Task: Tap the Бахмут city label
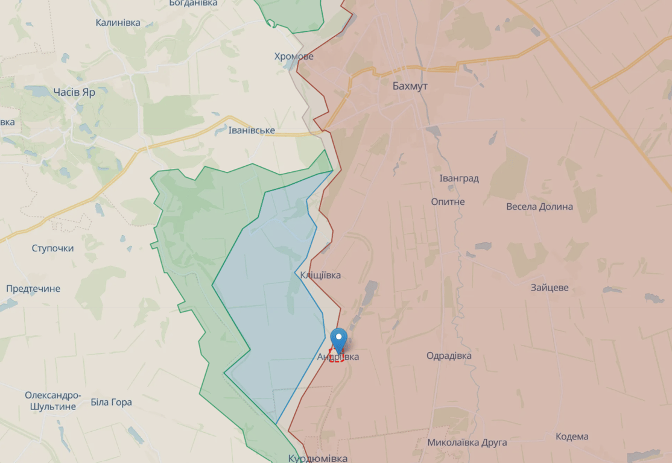(x=410, y=86)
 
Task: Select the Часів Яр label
(x=74, y=92)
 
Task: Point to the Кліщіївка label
(x=320, y=276)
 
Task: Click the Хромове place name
(x=294, y=57)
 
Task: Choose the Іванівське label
(x=252, y=131)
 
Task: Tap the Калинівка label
(x=118, y=23)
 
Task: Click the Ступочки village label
(x=52, y=248)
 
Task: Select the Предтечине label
(x=33, y=289)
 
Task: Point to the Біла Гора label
(x=111, y=402)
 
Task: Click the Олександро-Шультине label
(x=52, y=401)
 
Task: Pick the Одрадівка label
(x=449, y=356)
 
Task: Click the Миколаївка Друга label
(x=467, y=443)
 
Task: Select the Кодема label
(x=572, y=436)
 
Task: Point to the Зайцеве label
(x=550, y=288)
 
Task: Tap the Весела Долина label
(x=539, y=207)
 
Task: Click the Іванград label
(x=459, y=178)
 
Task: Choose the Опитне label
(x=448, y=201)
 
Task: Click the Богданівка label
(x=193, y=4)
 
